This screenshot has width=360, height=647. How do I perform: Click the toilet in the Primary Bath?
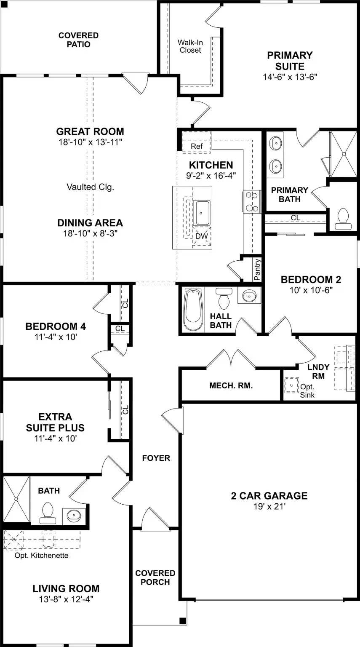[x=343, y=219]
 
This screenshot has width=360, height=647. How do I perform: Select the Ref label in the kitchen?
[x=197, y=146]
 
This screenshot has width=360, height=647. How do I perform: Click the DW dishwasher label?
[x=202, y=236]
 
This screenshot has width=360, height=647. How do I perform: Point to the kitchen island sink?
[x=201, y=213]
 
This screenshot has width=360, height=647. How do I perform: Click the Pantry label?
[x=257, y=270]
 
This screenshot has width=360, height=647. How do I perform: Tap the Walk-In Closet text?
[x=190, y=46]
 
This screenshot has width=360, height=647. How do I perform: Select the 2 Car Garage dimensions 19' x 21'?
[x=269, y=506]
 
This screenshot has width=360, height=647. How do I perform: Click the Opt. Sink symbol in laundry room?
[x=292, y=385]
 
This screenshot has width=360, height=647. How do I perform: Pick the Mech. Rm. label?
[x=231, y=385]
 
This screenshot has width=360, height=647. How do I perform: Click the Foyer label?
[x=156, y=458]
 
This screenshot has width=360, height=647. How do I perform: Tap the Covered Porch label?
[x=155, y=577]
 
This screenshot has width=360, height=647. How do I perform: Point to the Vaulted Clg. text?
[x=91, y=187]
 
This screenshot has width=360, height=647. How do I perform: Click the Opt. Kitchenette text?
[x=42, y=555]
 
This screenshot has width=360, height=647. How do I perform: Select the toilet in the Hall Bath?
[x=224, y=298]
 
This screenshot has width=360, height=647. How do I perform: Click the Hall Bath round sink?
[x=249, y=296]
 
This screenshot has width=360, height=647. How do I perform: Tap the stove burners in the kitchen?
[x=252, y=202]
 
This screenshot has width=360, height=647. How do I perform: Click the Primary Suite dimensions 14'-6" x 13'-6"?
[x=290, y=77]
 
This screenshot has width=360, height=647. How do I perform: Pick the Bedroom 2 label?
[x=311, y=279]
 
